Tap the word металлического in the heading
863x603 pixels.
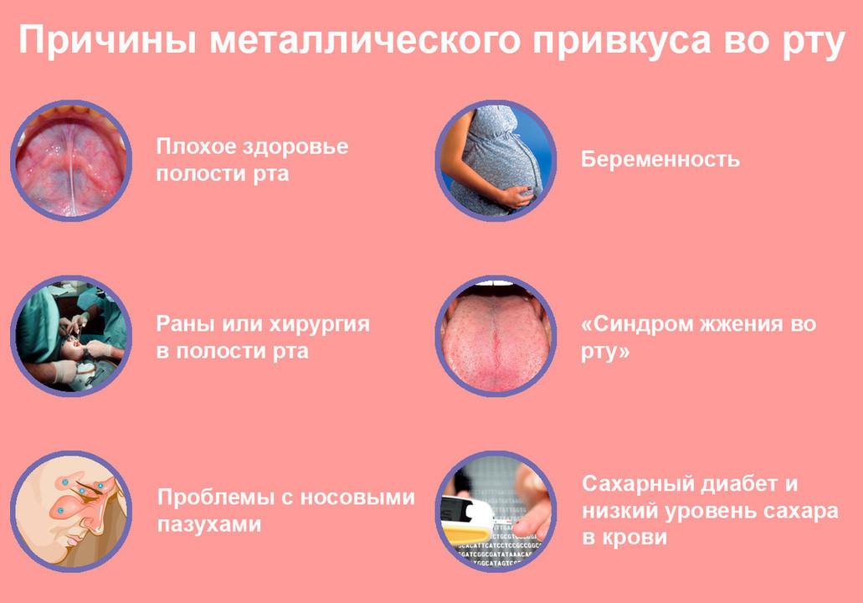tap(364, 39)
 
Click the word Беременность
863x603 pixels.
tap(660, 160)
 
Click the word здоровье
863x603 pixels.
tap(295, 147)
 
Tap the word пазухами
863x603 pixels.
tap(209, 525)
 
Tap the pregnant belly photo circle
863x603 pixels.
tap(496, 160)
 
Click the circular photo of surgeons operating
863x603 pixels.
tap(71, 336)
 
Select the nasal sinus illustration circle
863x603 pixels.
tap(71, 512)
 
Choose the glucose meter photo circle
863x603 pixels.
tap(496, 512)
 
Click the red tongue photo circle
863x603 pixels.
tap(496, 336)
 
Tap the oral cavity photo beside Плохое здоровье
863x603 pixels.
tap(71, 160)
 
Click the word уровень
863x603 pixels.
tap(710, 513)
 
